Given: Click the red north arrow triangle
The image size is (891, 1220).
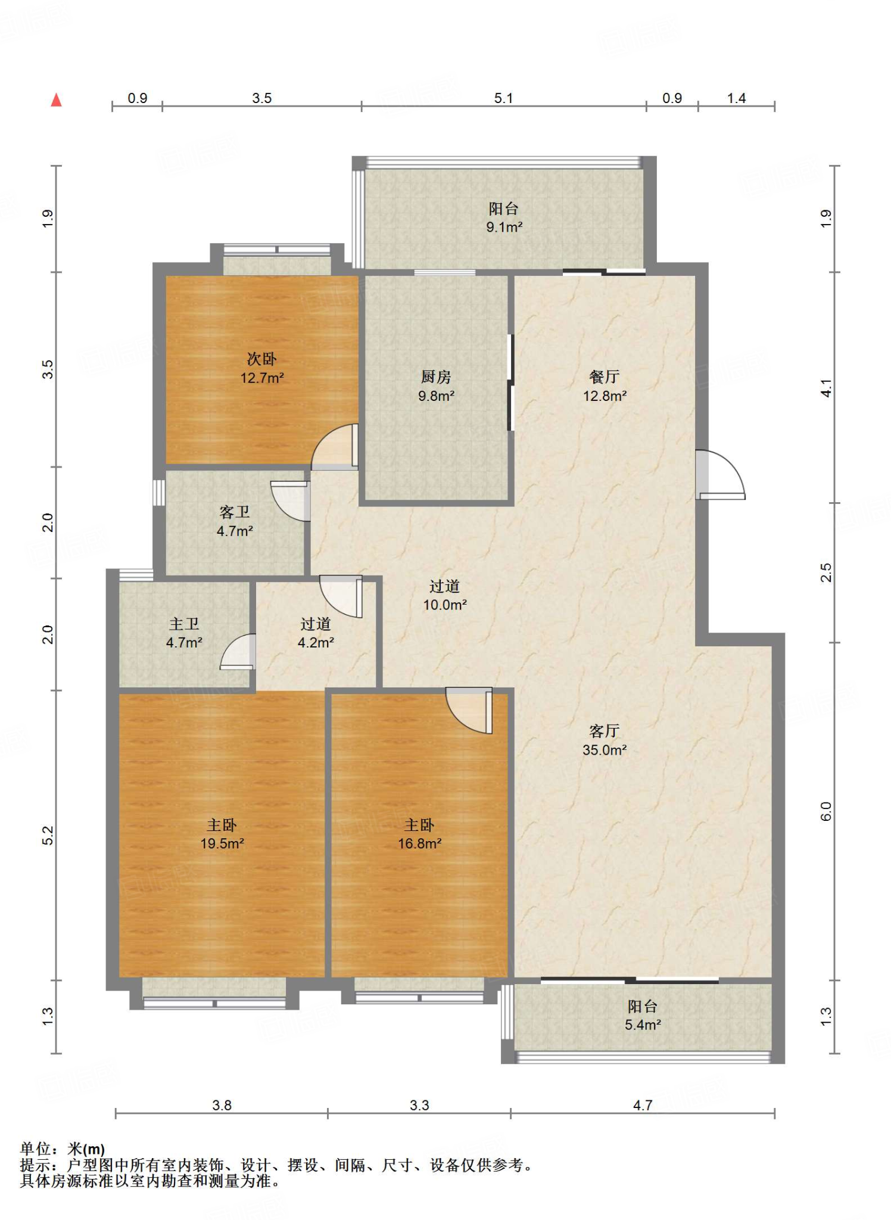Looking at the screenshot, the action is click(56, 100).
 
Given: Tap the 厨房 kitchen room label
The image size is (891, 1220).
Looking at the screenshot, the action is click(436, 386).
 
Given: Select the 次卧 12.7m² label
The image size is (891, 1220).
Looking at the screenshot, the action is click(262, 368).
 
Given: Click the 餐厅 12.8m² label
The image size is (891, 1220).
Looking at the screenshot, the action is click(605, 386).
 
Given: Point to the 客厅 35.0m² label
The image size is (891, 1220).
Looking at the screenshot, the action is click(605, 740).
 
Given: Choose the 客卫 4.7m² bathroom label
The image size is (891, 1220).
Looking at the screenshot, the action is click(235, 521).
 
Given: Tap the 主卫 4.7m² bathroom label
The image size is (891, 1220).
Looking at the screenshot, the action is click(184, 633).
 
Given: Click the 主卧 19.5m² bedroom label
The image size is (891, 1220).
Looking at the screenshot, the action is click(222, 834).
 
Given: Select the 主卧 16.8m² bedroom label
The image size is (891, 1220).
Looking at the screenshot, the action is click(420, 834).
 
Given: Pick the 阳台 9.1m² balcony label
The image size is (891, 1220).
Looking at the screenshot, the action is click(504, 217).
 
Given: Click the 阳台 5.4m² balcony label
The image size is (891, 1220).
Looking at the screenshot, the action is click(643, 1016).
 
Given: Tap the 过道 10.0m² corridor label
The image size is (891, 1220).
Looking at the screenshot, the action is click(445, 596).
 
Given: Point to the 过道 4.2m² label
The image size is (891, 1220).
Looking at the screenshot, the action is click(316, 633).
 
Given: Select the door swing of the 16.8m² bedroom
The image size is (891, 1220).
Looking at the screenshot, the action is click(469, 711).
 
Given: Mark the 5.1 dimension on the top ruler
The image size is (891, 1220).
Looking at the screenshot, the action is click(503, 98).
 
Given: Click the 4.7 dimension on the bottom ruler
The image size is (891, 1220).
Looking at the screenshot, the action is click(643, 1105).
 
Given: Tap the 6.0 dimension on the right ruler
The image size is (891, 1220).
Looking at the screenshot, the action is click(826, 811).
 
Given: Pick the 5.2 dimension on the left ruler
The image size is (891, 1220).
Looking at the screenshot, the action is click(48, 835).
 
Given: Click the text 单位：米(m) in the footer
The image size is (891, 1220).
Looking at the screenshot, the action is click(63, 1149).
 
